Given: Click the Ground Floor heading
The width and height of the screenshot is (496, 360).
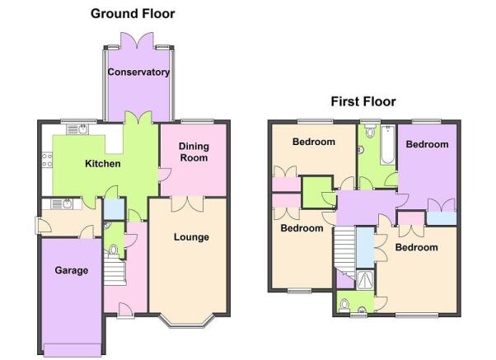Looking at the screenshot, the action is (133, 14).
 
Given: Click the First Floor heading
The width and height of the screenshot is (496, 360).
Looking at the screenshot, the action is (363, 101).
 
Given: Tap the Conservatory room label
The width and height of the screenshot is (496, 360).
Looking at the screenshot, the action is (138, 72).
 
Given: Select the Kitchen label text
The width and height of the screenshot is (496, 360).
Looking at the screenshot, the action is (103, 164).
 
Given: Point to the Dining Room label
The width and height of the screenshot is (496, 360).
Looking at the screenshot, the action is (194, 152).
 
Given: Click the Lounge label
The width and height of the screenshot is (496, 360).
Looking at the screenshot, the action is (191, 237).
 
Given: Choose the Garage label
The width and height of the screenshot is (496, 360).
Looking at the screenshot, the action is (72, 270).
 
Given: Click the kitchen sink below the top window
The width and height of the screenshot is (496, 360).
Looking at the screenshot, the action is (77, 129).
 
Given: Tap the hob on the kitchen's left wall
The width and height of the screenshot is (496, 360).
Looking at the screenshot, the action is (47, 160).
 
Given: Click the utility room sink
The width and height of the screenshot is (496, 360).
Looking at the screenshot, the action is (62, 204).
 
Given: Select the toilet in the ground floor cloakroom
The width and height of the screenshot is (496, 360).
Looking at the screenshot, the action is (114, 250).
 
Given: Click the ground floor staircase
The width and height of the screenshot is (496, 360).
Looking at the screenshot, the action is (115, 273).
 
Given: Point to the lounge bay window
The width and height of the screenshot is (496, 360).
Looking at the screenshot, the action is (189, 321).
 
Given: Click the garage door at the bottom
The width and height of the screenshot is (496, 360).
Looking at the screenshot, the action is (73, 349).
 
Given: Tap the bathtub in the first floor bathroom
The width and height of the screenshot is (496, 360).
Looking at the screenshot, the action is (387, 145).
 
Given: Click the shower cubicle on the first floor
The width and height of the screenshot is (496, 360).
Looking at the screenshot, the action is (365, 280).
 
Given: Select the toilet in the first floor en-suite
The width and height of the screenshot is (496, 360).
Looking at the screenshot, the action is (344, 306).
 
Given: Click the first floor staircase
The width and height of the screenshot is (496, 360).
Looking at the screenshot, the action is (344, 252).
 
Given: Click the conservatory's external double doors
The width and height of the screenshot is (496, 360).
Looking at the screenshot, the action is (138, 41).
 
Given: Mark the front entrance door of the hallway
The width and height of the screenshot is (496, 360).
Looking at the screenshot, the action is (125, 310).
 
